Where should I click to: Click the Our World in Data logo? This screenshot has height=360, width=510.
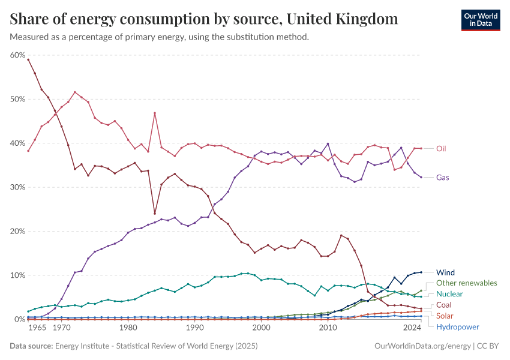[x=480, y=20]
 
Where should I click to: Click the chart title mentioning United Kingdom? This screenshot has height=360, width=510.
[x=204, y=19]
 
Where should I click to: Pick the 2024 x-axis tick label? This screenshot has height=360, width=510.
[x=412, y=328]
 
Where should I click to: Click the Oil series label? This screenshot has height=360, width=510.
[x=442, y=149]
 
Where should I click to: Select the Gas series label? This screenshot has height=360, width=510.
[x=443, y=178]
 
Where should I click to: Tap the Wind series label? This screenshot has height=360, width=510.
[x=445, y=272]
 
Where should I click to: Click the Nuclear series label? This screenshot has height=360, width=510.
[x=449, y=294]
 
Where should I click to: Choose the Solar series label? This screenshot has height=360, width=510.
[x=445, y=316]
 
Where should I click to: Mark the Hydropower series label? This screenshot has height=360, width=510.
[x=457, y=327]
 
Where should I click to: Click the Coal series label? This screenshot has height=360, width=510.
[x=444, y=305]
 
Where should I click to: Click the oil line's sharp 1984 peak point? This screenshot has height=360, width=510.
[x=155, y=113]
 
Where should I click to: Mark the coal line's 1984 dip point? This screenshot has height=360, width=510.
[x=155, y=214]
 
